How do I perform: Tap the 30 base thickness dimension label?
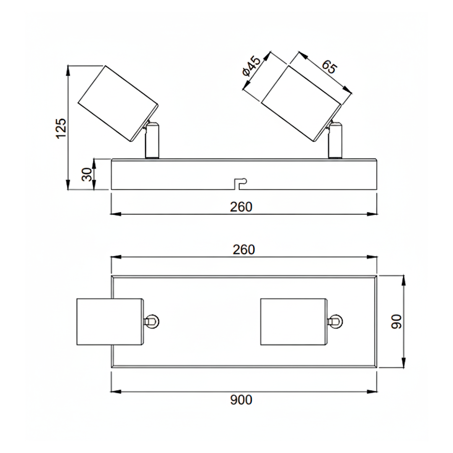(x=87, y=174)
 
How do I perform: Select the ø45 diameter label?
(x=251, y=67)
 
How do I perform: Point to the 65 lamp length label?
(x=329, y=68)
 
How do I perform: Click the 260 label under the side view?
(x=241, y=207)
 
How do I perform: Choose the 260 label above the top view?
(x=244, y=250)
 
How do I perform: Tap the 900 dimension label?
(x=241, y=400)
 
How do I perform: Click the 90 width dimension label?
(x=396, y=321)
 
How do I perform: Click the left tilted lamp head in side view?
(x=118, y=104)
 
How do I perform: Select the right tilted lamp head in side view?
(x=301, y=104)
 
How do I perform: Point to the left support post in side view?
(x=151, y=141)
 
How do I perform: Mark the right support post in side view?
(x=335, y=141)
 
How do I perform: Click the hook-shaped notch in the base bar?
(x=240, y=184)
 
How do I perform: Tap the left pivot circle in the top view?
(x=152, y=322)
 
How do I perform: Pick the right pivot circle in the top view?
(x=336, y=322)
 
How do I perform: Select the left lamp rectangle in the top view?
(x=110, y=322)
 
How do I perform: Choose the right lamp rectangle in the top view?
(x=294, y=322)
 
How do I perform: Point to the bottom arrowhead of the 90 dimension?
(x=404, y=363)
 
